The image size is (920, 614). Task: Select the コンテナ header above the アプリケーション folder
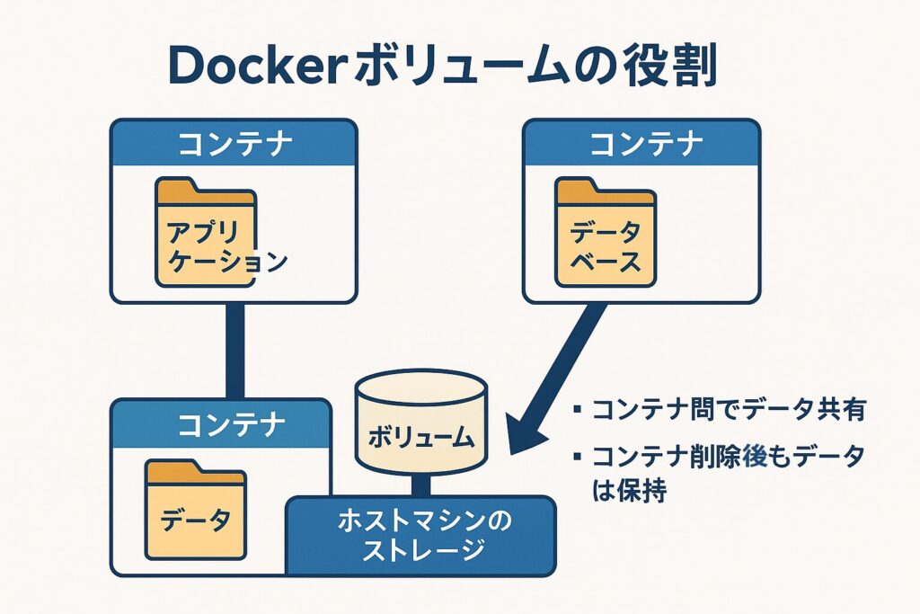(x=234, y=143)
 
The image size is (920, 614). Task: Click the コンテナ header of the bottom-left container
(x=221, y=423)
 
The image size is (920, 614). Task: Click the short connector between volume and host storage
(x=421, y=485)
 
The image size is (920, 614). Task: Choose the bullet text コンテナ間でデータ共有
(x=728, y=411)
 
